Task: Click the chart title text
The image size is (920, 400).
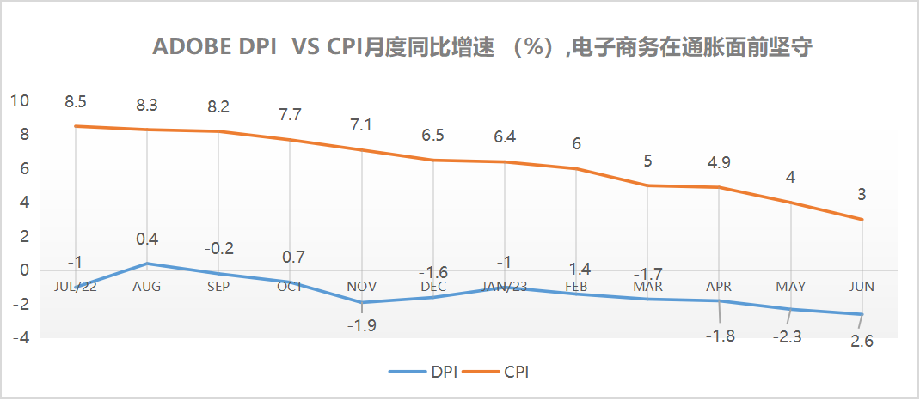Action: pyautogui.click(x=482, y=48)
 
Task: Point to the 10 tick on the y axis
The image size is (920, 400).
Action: pyautogui.click(x=20, y=101)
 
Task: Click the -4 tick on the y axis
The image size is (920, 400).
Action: pyautogui.click(x=20, y=338)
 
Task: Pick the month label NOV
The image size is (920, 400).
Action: pyautogui.click(x=361, y=286)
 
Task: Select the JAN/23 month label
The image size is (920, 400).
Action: pyautogui.click(x=505, y=286)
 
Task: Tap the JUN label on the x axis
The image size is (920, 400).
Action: pyautogui.click(x=862, y=286)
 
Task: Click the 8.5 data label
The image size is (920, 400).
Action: pyautogui.click(x=76, y=102)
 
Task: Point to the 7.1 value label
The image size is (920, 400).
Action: pyautogui.click(x=361, y=125)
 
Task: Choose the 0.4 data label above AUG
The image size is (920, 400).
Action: pyautogui.click(x=147, y=239)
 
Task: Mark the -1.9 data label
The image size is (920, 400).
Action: pyautogui.click(x=361, y=325)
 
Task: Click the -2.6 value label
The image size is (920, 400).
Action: pyautogui.click(x=860, y=342)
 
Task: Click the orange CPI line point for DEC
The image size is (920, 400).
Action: pyautogui.click(x=433, y=161)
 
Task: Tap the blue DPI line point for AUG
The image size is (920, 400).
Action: pyautogui.click(x=147, y=264)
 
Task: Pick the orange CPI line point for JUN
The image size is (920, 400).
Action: pyautogui.click(x=862, y=219)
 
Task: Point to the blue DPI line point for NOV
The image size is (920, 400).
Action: pyautogui.click(x=361, y=302)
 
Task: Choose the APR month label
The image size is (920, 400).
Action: pyautogui.click(x=719, y=286)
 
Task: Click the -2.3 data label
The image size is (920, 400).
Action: pyautogui.click(x=787, y=336)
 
